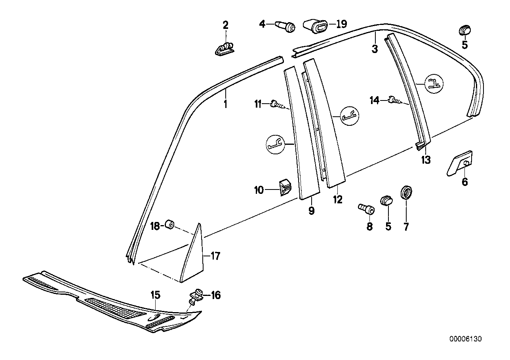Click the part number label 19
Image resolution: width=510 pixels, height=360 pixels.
click(x=341, y=24)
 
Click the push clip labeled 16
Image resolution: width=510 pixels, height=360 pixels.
click(x=196, y=296)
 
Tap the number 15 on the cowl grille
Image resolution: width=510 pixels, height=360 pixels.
click(x=155, y=295)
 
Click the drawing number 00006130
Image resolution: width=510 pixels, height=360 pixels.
click(x=465, y=339)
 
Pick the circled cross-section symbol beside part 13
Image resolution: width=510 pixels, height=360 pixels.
click(x=434, y=83)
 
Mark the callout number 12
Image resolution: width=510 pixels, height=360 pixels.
click(x=337, y=200)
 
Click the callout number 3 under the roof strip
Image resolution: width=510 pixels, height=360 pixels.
click(x=375, y=49)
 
